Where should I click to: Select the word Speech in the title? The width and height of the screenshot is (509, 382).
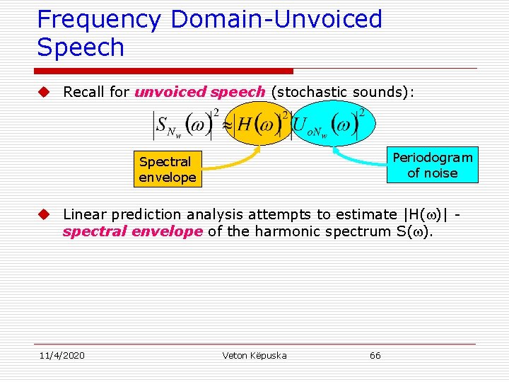pos(81,48)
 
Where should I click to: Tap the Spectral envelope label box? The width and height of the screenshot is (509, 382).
pos(167,170)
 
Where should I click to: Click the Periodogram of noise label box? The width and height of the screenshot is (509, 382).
pos(432,166)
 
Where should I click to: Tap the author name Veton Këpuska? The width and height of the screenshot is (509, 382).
pos(255,355)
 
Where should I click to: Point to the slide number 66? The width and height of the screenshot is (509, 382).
pos(375,355)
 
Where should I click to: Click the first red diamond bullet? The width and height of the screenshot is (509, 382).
pos(44,92)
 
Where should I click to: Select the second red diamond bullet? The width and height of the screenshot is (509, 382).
pos(44,214)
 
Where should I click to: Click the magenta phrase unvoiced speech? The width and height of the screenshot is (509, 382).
pos(200,92)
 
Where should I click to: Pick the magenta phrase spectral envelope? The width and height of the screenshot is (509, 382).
pos(133,231)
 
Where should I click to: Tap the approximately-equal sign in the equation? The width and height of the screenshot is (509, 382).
pos(228,125)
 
